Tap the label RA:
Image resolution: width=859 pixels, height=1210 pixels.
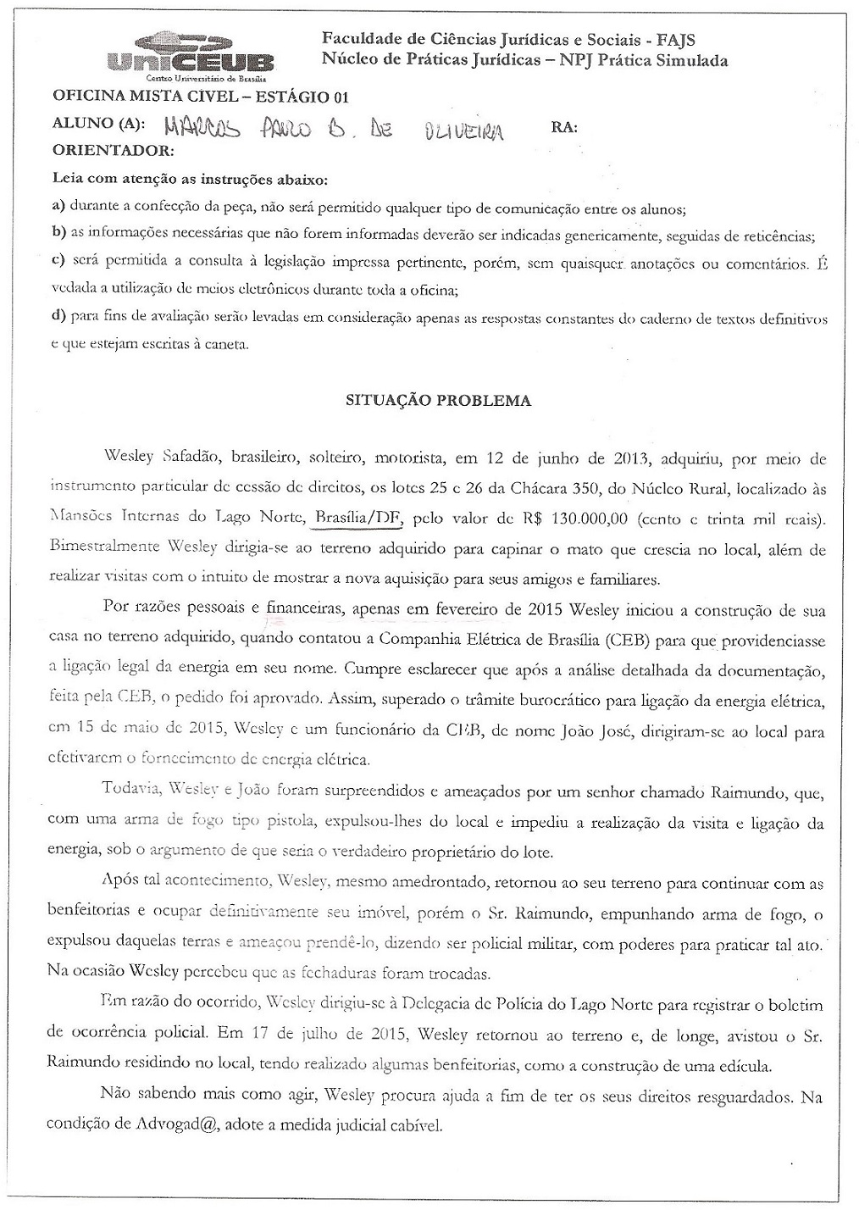[x=564, y=127]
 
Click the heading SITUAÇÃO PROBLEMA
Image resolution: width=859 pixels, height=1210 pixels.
[x=439, y=401]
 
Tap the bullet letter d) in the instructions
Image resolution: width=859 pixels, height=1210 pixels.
[x=58, y=318]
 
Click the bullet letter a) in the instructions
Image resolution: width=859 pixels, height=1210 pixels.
[x=58, y=207]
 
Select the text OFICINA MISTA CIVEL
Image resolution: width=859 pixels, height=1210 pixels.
[x=140, y=97]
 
